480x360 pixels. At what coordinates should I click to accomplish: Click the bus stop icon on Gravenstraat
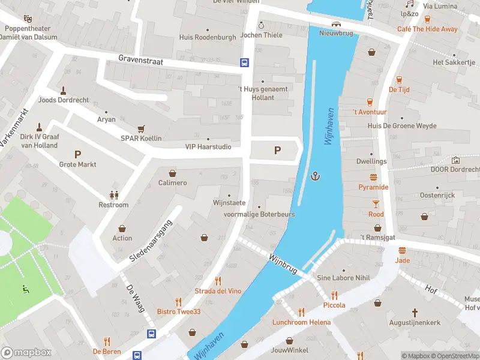coord(245,62)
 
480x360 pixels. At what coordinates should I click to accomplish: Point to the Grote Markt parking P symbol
coord(77,154)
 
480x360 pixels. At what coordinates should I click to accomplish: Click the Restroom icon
coord(113,194)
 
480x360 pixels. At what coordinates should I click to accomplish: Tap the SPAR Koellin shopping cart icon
coord(142,128)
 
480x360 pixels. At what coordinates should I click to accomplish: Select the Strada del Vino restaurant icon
coord(218,281)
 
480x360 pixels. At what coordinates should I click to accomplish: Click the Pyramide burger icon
coord(373,177)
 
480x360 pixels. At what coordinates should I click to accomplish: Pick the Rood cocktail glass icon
coord(376,204)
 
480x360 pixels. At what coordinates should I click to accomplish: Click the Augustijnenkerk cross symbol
coord(415,312)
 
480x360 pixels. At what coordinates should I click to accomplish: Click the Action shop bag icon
coord(122,228)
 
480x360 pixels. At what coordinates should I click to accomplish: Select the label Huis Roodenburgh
coord(207,37)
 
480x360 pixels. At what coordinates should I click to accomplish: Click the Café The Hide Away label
coord(427,29)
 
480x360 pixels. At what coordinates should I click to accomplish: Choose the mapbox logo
coord(26,352)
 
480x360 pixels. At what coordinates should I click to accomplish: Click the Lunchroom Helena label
coord(301,322)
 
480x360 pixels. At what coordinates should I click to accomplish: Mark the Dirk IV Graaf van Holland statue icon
coord(39,127)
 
